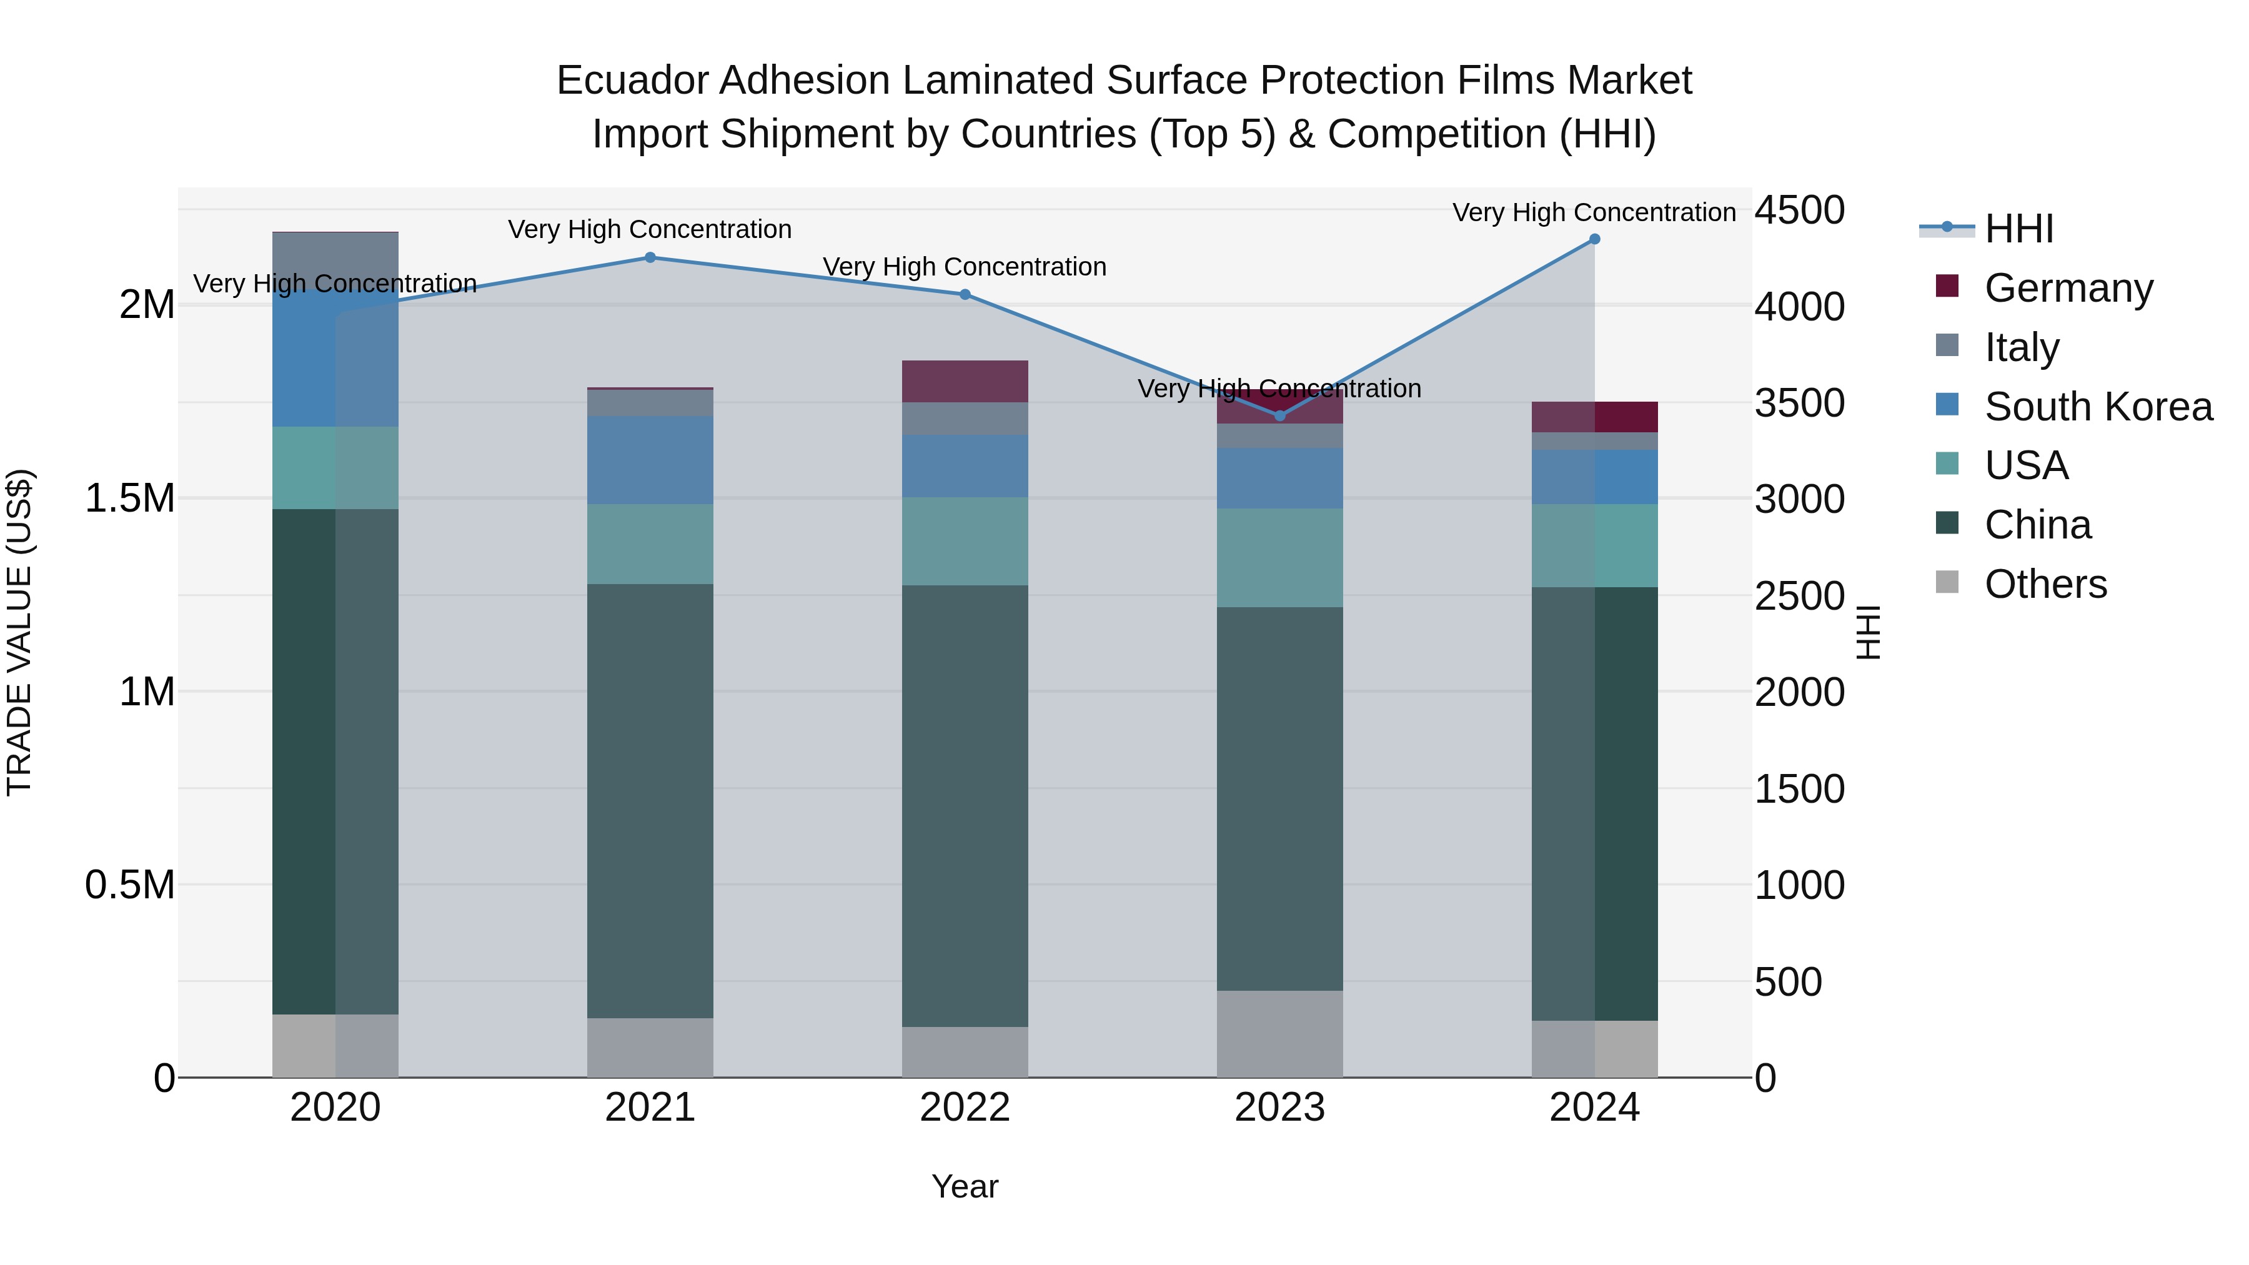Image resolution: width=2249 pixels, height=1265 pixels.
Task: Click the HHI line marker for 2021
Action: [650, 257]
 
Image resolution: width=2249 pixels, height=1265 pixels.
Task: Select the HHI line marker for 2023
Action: [1280, 415]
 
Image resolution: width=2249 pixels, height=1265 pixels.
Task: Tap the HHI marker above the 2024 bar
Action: [1594, 239]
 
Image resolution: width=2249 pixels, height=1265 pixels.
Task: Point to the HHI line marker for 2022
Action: [965, 295]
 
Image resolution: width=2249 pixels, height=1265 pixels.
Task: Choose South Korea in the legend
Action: [2098, 407]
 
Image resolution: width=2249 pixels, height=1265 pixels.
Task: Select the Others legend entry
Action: [2045, 584]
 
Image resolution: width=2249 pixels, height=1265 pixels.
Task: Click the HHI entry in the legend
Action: [2018, 229]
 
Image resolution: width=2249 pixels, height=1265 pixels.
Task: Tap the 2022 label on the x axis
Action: [965, 1108]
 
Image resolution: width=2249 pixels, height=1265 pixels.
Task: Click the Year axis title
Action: [965, 1186]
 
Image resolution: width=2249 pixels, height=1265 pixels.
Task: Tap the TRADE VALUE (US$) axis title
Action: [20, 632]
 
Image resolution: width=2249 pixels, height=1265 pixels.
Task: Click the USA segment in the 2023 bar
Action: [1280, 558]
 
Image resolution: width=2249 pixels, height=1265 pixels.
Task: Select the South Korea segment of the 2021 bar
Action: [650, 460]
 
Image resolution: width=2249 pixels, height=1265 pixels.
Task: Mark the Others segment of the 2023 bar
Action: [1280, 1034]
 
